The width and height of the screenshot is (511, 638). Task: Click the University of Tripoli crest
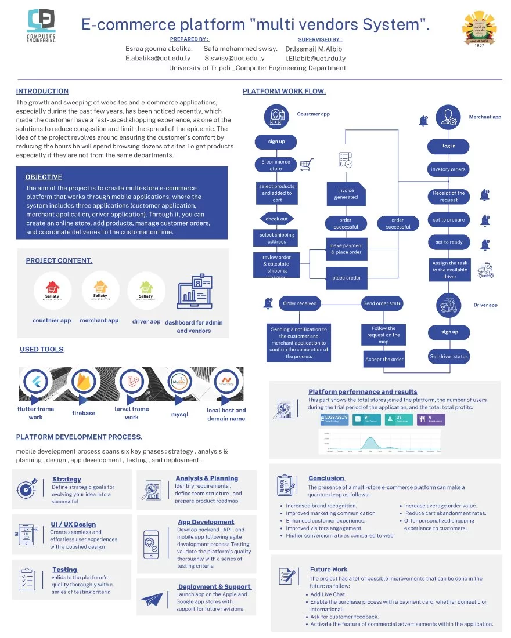pos(479,30)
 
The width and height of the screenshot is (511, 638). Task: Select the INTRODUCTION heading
pos(42,91)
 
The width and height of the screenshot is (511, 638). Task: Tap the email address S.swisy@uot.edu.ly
pos(234,58)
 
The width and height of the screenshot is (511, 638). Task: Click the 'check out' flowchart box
pos(276,219)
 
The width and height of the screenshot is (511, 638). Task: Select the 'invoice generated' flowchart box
pos(346,194)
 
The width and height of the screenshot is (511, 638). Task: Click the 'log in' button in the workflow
pos(449,146)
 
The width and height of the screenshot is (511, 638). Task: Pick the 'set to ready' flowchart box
pos(449,242)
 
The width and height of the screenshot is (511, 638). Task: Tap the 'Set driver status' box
pos(449,356)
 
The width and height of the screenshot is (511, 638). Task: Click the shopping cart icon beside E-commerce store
pos(307,165)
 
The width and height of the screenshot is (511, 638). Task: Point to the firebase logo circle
pos(84,383)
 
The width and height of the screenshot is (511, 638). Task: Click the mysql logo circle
pos(178,382)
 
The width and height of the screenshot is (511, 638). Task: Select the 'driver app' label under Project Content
pos(146,321)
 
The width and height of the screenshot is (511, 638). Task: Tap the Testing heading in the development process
pos(64,570)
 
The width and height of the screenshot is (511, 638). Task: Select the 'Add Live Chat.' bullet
pos(328,594)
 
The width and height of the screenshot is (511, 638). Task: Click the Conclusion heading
pos(326,478)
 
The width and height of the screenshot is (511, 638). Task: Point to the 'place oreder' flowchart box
pos(346,278)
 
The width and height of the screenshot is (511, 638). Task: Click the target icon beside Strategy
pos(27,488)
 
